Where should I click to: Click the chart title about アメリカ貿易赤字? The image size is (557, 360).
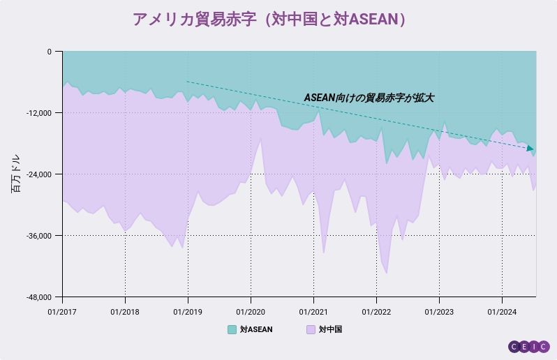click(269, 20)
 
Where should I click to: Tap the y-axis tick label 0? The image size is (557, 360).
click(49, 52)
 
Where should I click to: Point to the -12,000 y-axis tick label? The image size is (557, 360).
click(39, 113)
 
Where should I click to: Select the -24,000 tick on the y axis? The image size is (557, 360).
click(39, 174)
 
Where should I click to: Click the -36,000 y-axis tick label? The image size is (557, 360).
click(39, 236)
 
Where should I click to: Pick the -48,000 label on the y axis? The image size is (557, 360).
click(39, 297)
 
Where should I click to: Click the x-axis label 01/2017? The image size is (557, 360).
click(62, 310)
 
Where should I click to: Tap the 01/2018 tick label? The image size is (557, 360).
click(125, 310)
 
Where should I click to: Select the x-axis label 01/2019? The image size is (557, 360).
click(188, 310)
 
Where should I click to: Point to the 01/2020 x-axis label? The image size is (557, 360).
click(251, 310)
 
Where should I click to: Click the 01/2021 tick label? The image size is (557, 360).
click(313, 310)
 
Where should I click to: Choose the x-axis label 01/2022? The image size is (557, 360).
click(376, 310)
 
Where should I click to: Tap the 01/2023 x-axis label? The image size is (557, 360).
click(439, 310)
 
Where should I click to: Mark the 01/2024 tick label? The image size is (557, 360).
click(501, 310)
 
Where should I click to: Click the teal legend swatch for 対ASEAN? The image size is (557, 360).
click(232, 329)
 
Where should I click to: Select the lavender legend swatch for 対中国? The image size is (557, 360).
click(311, 329)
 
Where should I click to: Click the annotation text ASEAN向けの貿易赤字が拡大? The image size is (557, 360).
click(369, 98)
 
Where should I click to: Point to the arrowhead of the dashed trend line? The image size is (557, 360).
click(530, 149)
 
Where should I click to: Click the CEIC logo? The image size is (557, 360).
click(528, 346)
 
